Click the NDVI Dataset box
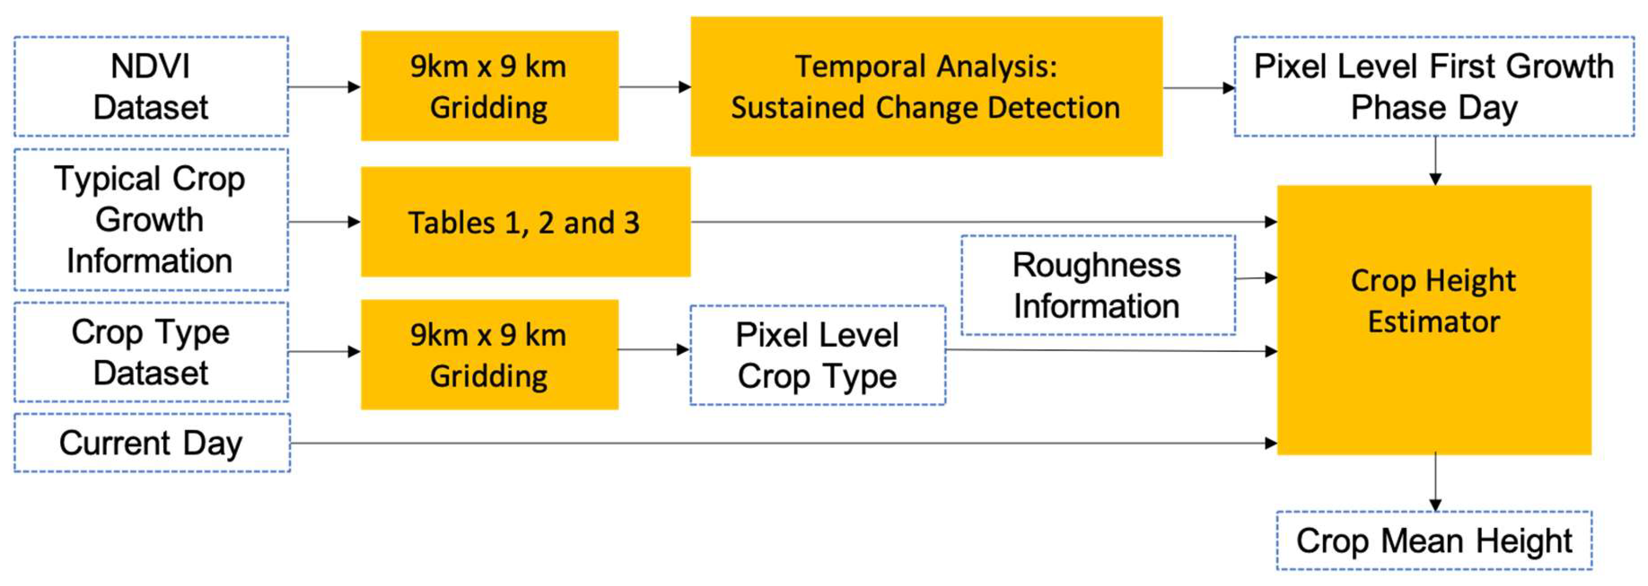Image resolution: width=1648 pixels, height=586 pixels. tap(151, 86)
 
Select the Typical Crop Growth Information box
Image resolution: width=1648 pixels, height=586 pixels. tap(151, 219)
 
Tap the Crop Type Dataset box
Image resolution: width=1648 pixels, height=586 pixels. tap(151, 352)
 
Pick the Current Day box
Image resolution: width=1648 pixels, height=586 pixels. tap(151, 443)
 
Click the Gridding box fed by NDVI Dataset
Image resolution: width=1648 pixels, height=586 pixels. tap(489, 86)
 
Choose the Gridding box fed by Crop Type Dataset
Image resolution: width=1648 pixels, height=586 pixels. tap(489, 354)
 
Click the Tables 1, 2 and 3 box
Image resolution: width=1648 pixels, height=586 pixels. tap(525, 222)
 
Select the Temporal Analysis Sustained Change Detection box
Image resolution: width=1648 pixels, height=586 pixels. tap(926, 86)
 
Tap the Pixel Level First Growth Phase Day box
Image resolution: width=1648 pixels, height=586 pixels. tap(1434, 86)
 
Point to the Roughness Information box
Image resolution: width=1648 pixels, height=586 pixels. tap(1097, 285)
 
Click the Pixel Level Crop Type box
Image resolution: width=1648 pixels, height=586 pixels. tap(817, 355)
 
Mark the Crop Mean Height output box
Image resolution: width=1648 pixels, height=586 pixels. tap(1434, 541)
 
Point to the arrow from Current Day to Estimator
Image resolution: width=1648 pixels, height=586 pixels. tap(768, 443)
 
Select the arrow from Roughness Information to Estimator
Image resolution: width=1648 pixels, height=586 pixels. tap(1255, 278)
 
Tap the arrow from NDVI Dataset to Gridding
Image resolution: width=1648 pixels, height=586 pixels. tap(324, 86)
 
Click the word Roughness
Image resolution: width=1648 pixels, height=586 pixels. tap(1097, 265)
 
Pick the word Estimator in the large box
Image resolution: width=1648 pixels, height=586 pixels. tap(1434, 321)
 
